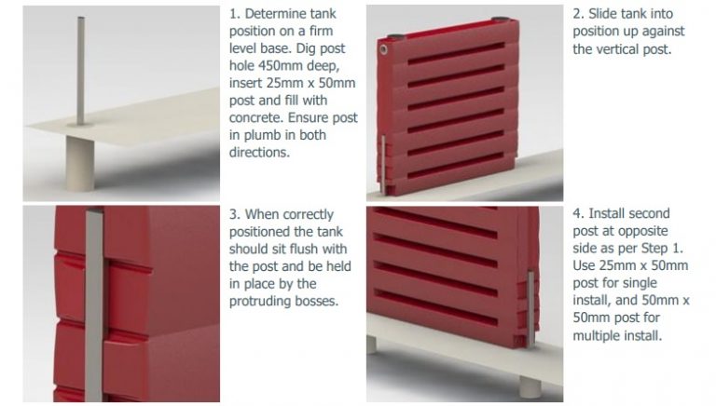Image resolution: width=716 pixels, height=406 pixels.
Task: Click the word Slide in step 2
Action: coord(613,14)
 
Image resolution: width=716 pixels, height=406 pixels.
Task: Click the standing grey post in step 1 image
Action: coord(80,74)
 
